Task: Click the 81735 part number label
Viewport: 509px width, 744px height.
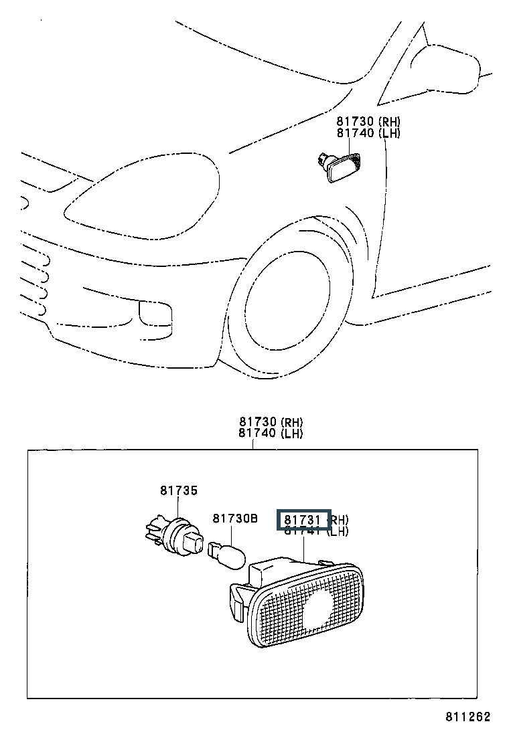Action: [178, 490]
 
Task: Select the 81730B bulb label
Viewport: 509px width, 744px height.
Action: [235, 519]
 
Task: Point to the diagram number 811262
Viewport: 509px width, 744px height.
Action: [467, 717]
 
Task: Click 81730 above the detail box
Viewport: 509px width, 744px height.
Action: [258, 422]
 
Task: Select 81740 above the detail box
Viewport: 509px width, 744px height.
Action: [258, 434]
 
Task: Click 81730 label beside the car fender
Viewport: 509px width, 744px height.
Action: [356, 122]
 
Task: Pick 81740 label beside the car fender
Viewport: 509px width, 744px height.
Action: [356, 133]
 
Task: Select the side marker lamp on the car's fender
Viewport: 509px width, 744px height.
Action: [342, 167]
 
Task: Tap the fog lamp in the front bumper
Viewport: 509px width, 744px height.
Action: [155, 312]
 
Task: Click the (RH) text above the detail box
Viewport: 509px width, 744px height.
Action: [291, 422]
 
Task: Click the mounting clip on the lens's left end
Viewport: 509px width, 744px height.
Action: [236, 597]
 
